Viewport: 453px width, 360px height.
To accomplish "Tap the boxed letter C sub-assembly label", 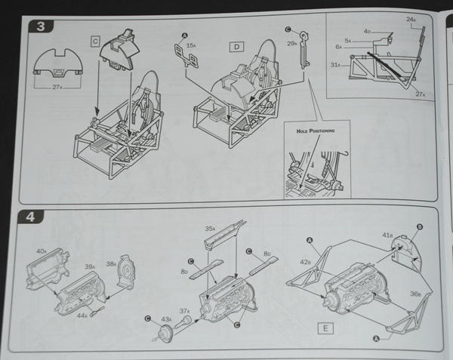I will (x=96, y=41).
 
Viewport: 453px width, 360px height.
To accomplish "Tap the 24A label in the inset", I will (x=411, y=19).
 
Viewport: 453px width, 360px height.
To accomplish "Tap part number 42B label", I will (x=306, y=262).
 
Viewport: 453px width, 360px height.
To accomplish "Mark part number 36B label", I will (x=415, y=295).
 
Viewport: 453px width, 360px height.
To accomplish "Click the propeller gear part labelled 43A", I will (x=160, y=333).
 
